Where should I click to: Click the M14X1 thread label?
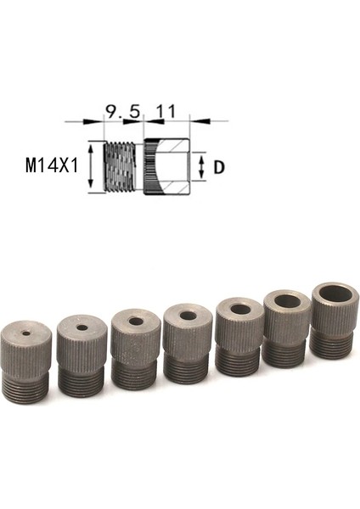pyautogui.click(x=52, y=164)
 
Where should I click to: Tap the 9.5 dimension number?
pyautogui.click(x=122, y=110)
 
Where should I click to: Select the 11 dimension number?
pyautogui.click(x=166, y=110)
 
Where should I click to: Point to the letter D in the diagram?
pyautogui.click(x=218, y=167)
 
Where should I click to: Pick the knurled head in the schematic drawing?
pyautogui.click(x=166, y=167)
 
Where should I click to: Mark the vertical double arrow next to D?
pyautogui.click(x=201, y=167)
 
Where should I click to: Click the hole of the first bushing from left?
pyautogui.click(x=26, y=333)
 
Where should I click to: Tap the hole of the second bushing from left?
pyautogui.click(x=82, y=327)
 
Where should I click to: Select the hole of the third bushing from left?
pyautogui.click(x=136, y=322)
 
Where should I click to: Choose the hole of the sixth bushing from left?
pyautogui.click(x=289, y=302)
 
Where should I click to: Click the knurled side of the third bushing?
pyautogui.click(x=136, y=349)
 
